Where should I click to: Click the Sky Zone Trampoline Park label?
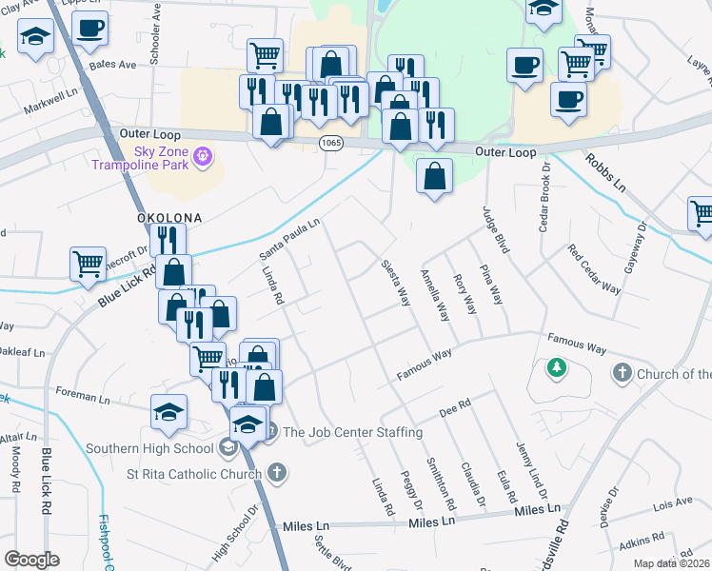pyautogui.click(x=143, y=157)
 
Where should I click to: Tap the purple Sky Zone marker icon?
pyautogui.click(x=202, y=155)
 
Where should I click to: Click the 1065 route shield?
pyautogui.click(x=331, y=143)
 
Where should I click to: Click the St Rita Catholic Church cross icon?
pyautogui.click(x=275, y=472)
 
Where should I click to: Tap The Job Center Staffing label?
pyautogui.click(x=352, y=432)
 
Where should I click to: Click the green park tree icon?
pyautogui.click(x=555, y=366)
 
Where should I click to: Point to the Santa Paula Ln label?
pyautogui.click(x=290, y=239)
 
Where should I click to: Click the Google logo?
pyautogui.click(x=31, y=560)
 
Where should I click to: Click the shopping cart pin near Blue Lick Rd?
pyautogui.click(x=89, y=264)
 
